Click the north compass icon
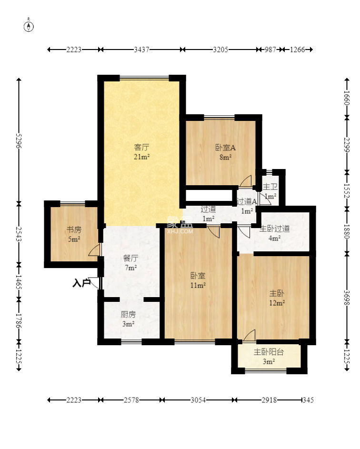(x=29, y=26)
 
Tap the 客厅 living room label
(x=142, y=148)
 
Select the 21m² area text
(x=142, y=157)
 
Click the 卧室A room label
(x=225, y=148)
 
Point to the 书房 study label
(x=74, y=229)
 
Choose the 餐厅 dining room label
(x=130, y=258)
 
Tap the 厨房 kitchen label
(x=128, y=314)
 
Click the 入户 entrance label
(x=81, y=283)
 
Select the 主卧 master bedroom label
(x=277, y=293)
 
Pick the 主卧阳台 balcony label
(x=269, y=352)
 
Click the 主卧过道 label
(x=274, y=229)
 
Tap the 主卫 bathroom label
(x=270, y=187)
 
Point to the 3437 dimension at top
(x=142, y=50)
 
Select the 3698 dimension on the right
(x=347, y=298)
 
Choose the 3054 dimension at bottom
(x=198, y=400)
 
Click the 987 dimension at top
(x=270, y=50)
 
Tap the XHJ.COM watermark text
(x=180, y=231)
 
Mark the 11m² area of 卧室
(x=198, y=285)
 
